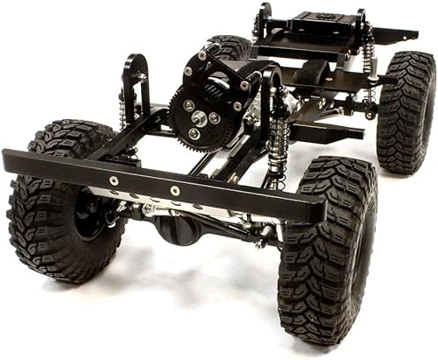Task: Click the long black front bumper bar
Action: pyautogui.click(x=158, y=184)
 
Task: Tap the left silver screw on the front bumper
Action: pyautogui.click(x=114, y=180)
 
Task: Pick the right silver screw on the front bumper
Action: pyautogui.click(x=175, y=190)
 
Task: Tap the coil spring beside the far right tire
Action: pyautogui.click(x=370, y=53)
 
